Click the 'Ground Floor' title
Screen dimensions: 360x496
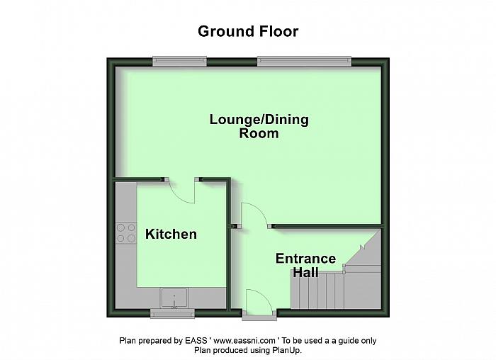pos(248,31)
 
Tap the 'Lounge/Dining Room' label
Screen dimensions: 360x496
pos(259,126)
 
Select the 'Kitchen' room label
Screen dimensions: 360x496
pos(171,234)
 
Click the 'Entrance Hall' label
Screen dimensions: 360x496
pos(305,265)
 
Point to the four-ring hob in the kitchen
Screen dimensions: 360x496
pos(126,233)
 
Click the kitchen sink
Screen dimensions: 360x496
pos(174,297)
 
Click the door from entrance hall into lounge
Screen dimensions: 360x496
pos(254,215)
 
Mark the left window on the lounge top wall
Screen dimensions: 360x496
pos(179,62)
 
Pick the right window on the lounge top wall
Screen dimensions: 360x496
pos(303,62)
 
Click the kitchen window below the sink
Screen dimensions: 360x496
pos(173,313)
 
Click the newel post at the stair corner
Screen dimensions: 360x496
pos(344,268)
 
